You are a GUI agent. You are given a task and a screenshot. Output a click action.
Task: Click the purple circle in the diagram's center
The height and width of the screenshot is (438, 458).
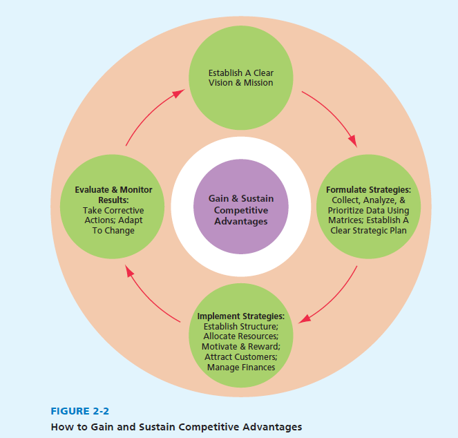pyautogui.click(x=240, y=210)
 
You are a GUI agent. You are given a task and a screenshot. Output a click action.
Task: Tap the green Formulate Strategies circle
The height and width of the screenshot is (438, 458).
pyautogui.click(x=368, y=210)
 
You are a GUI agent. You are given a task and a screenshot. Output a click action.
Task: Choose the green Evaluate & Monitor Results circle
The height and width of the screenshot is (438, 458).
pyautogui.click(x=113, y=210)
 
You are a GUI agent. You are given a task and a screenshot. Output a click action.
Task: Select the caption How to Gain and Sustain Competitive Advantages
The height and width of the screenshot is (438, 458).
pyautogui.click(x=176, y=427)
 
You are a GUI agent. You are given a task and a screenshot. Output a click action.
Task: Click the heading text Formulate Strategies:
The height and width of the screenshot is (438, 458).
pyautogui.click(x=368, y=189)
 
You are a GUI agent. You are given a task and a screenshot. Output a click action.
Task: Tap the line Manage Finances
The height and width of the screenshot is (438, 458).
pyautogui.click(x=240, y=368)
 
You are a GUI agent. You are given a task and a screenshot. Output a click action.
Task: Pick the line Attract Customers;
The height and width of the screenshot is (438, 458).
pyautogui.click(x=240, y=357)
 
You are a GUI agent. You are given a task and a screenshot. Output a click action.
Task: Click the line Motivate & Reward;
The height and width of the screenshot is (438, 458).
pyautogui.click(x=240, y=347)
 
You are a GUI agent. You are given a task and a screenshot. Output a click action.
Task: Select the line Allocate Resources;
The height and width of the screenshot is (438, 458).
pyautogui.click(x=240, y=336)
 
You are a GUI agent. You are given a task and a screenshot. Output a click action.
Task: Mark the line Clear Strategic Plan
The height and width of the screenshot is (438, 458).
pyautogui.click(x=368, y=231)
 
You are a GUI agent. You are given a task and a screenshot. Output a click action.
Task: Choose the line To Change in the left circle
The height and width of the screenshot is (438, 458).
pyautogui.click(x=113, y=231)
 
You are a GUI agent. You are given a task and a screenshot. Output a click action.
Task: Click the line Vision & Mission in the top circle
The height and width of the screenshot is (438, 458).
pyautogui.click(x=240, y=83)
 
